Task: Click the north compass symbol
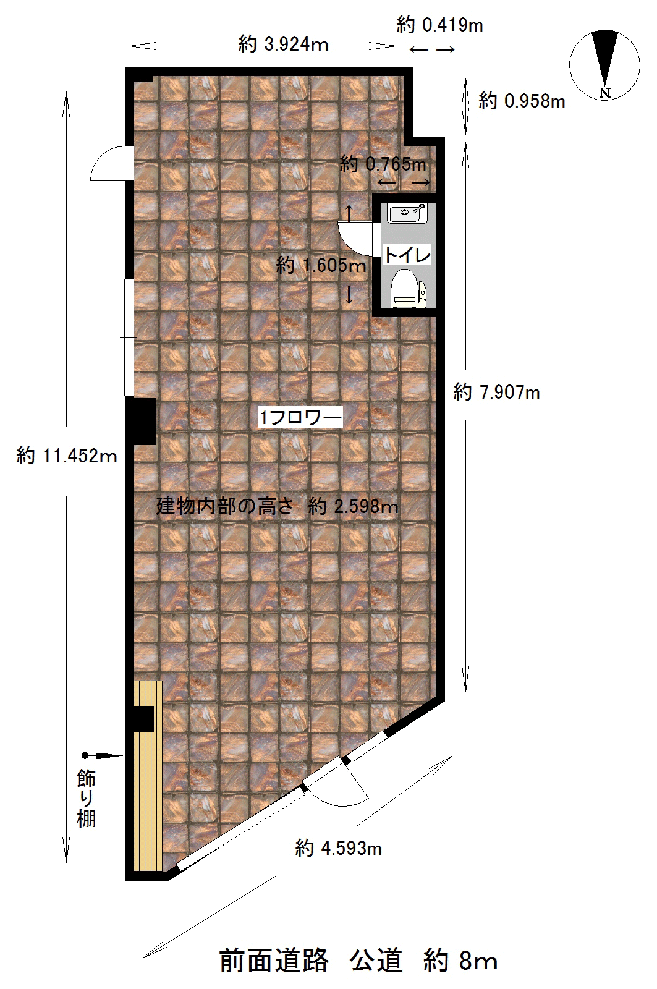[x=604, y=64]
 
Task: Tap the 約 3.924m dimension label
[x=283, y=45]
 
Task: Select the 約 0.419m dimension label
[x=439, y=25]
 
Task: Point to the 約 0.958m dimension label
[x=522, y=101]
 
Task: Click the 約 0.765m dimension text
[x=383, y=164]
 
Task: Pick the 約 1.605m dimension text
[x=321, y=265]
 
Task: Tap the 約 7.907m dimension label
[x=496, y=392]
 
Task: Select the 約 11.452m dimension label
[x=67, y=455]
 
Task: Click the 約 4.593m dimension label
[x=338, y=848]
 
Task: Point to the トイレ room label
[x=407, y=255]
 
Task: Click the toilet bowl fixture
[x=409, y=288]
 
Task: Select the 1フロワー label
[x=300, y=417]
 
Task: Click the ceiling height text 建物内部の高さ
[x=224, y=506]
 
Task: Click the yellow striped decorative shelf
[x=148, y=776]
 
